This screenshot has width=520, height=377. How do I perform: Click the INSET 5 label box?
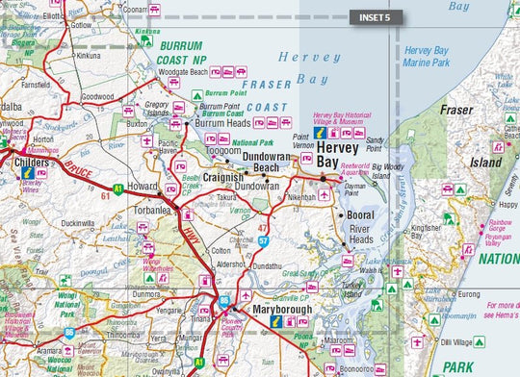(x=375, y=17)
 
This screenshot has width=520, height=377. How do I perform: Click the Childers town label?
(x=34, y=164)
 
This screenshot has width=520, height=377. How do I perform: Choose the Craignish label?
(x=223, y=178)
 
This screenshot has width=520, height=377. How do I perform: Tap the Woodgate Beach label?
(x=183, y=72)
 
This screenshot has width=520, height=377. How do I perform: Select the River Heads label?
(x=360, y=234)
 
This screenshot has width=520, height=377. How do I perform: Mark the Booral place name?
(x=362, y=216)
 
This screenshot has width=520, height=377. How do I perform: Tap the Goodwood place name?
(x=97, y=97)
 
